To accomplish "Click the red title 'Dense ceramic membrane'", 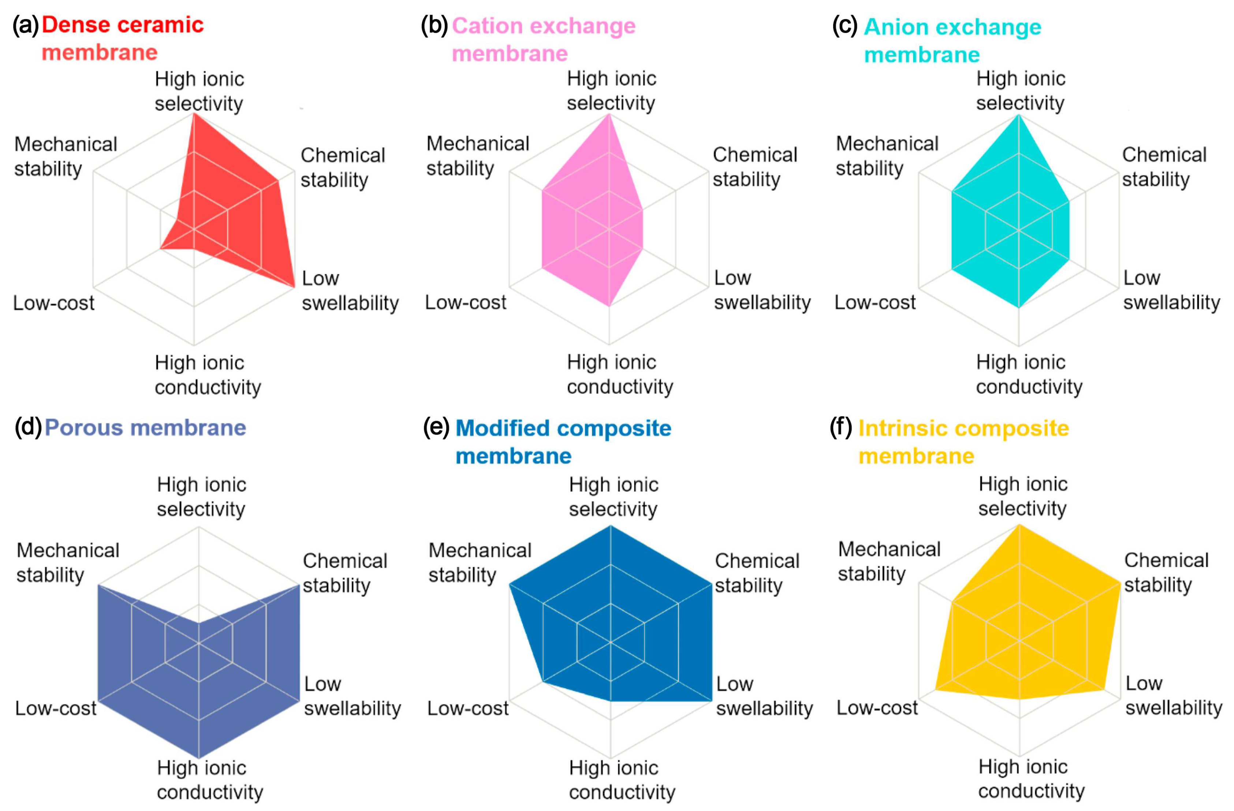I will (122, 38).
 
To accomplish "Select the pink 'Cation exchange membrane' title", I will (543, 40).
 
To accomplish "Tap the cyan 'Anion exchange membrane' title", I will (952, 40).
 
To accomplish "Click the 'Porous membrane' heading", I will (145, 428).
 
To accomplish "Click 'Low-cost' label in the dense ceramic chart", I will (53, 303).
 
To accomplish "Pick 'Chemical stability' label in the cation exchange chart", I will (755, 167).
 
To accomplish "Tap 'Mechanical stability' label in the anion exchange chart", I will (887, 156).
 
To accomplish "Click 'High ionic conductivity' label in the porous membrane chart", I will (210, 780).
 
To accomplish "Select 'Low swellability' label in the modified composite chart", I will (764, 696).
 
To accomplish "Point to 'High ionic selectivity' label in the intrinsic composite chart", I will (1022, 496).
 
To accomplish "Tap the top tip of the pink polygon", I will (609, 115).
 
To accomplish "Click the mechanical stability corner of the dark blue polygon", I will (511, 584).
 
